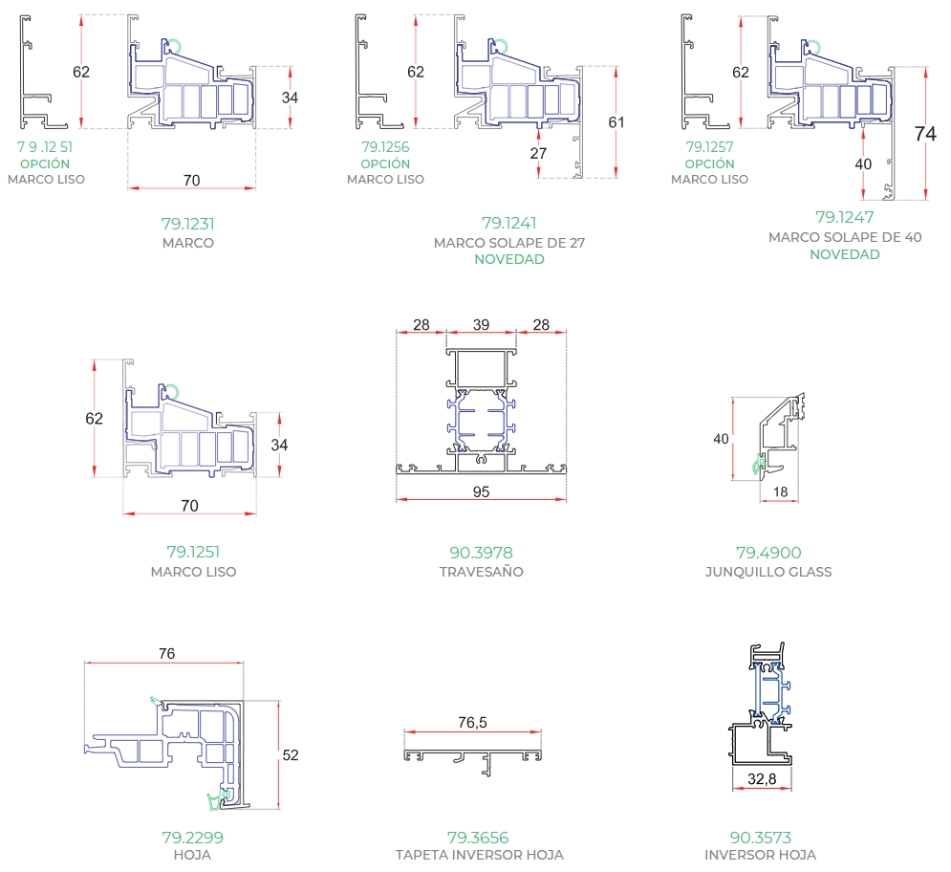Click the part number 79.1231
(188, 224)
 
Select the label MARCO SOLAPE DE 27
(509, 243)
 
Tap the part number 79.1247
(845, 217)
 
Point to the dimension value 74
(925, 134)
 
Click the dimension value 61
(616, 122)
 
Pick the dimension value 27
(538, 154)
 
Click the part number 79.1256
(386, 147)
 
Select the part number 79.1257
(709, 147)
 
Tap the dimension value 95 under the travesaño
(481, 491)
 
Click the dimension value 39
(481, 325)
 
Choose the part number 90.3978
(481, 553)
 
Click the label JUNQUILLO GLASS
(768, 572)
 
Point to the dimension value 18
(781, 491)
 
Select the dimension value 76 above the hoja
(167, 654)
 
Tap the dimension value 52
(291, 755)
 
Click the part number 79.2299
(192, 838)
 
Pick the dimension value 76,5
(472, 722)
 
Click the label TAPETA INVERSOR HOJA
(480, 855)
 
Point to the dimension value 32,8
(762, 778)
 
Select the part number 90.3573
(761, 838)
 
